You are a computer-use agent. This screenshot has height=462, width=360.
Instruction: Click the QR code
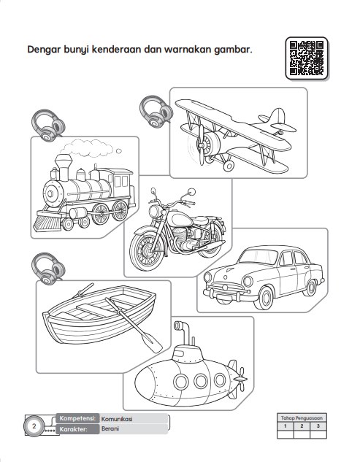pyautogui.click(x=307, y=58)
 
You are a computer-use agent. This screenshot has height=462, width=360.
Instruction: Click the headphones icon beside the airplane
pyautogui.click(x=156, y=112)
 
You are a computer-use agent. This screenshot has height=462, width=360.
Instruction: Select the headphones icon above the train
pyautogui.click(x=48, y=126)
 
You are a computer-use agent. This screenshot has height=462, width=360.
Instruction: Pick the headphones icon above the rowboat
pyautogui.click(x=48, y=269)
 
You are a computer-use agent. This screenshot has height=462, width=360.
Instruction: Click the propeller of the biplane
pyautogui.click(x=202, y=145)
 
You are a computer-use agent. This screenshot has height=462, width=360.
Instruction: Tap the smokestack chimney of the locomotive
pyautogui.click(x=64, y=167)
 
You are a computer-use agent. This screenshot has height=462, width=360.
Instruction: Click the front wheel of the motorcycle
pyautogui.click(x=146, y=251)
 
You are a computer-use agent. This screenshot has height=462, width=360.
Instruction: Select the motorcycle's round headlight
pyautogui.click(x=155, y=212)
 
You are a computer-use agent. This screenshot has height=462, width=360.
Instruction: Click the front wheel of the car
pyautogui.click(x=264, y=299)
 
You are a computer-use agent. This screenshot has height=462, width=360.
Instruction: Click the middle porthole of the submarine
pyautogui.click(x=201, y=381)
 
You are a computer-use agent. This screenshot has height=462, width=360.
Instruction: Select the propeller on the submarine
pyautogui.click(x=242, y=380)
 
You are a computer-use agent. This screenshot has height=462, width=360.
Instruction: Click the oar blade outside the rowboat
pyautogui.click(x=152, y=343)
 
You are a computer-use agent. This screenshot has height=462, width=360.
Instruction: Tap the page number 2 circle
pyautogui.click(x=34, y=426)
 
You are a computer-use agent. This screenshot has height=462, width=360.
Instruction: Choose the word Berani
pyautogui.click(x=110, y=428)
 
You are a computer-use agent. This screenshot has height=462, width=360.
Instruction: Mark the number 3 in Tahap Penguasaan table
pyautogui.click(x=318, y=426)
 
